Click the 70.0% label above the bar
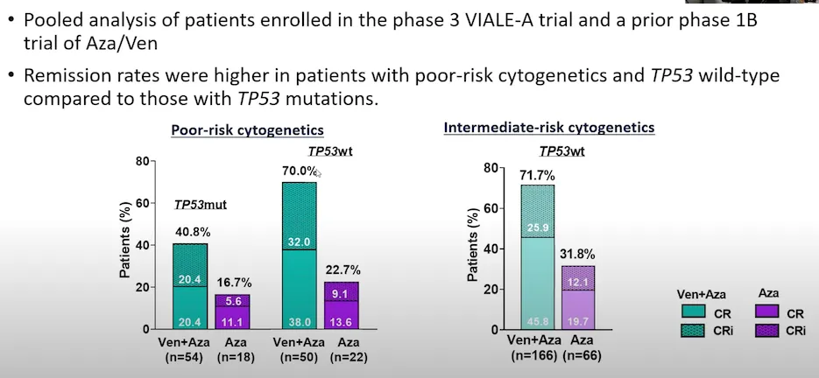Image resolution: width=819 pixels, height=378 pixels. pos(299,171)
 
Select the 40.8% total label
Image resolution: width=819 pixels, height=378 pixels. pos(190,234)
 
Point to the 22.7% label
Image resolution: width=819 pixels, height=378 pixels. pos(342,270)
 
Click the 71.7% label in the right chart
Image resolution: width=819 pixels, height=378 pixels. pos(537,175)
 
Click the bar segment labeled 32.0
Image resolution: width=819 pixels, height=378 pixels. pos(299,216)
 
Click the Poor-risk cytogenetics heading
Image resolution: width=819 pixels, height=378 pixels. pos(246,130)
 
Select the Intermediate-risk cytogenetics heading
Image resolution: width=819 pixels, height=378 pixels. pos(549,128)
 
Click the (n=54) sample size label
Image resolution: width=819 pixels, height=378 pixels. pos(191,356)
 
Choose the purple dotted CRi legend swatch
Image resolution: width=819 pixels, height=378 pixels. pos(768,330)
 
